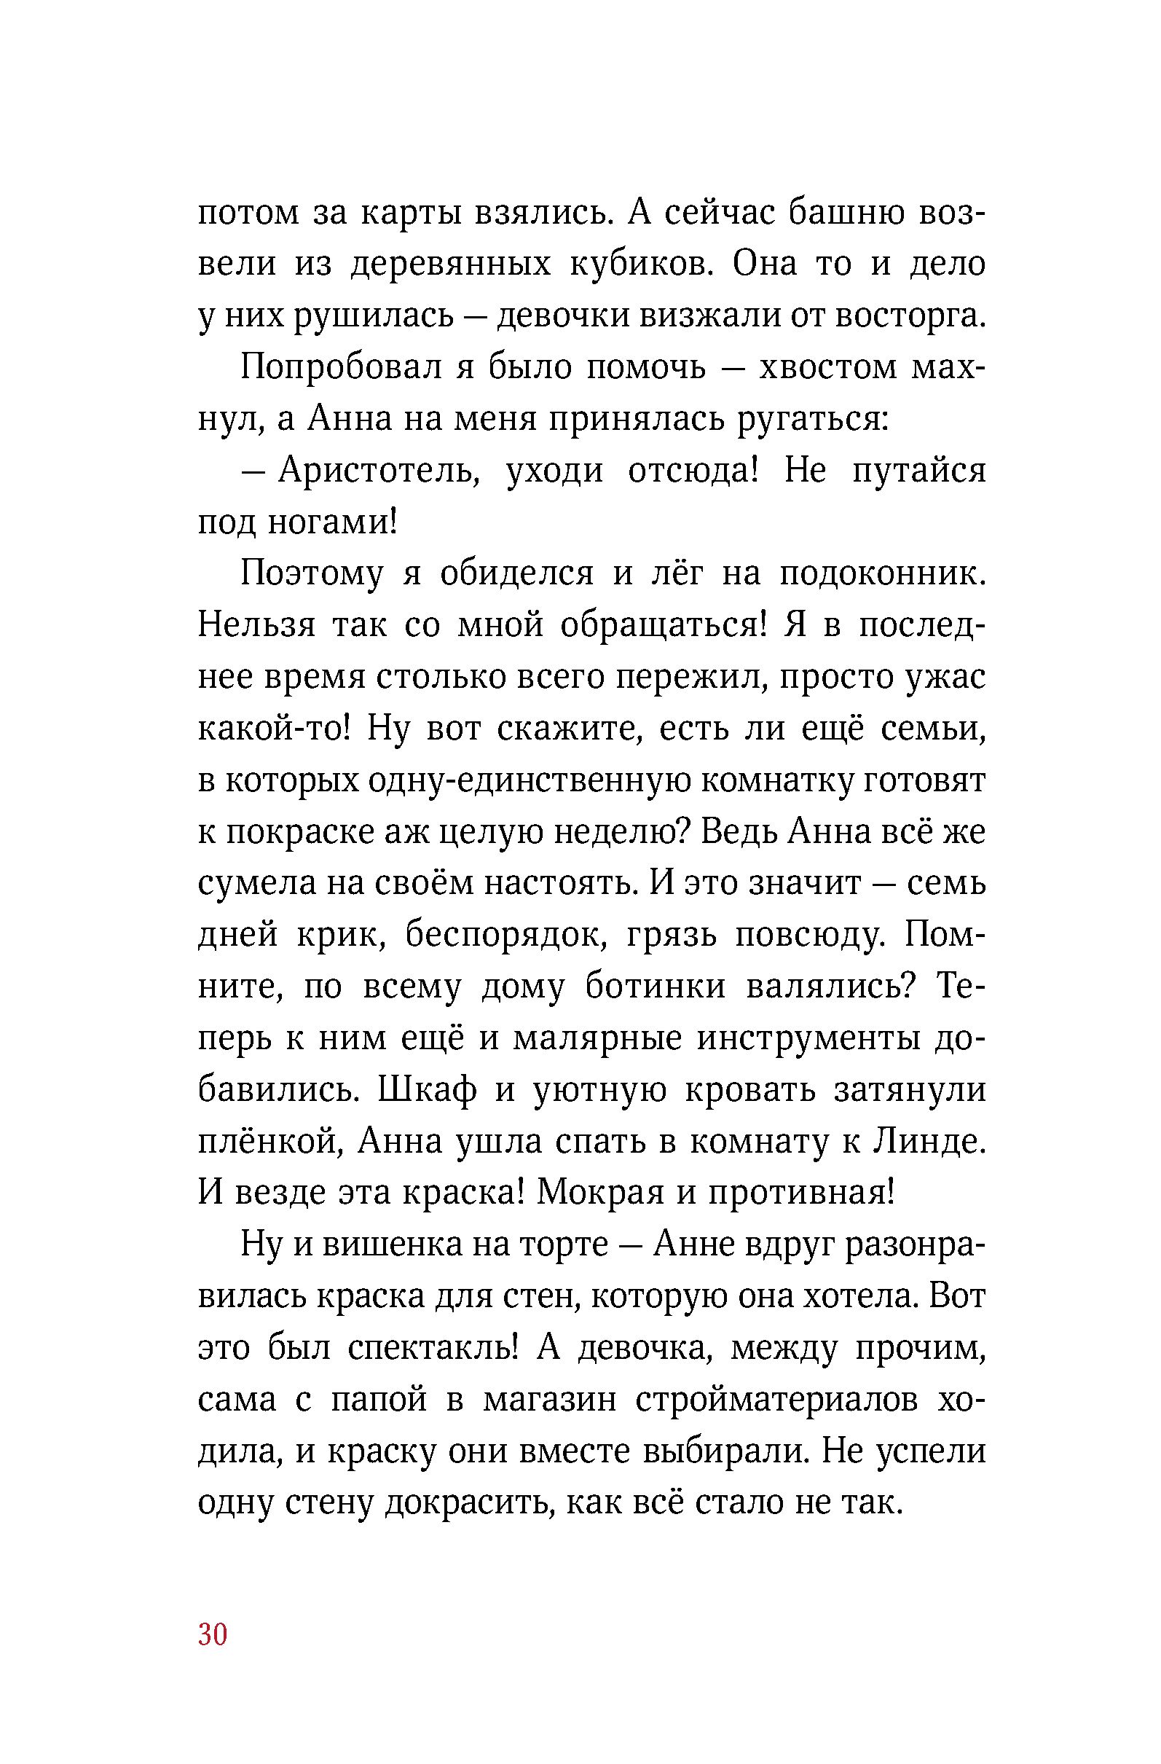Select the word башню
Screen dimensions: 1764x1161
[843, 213]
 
